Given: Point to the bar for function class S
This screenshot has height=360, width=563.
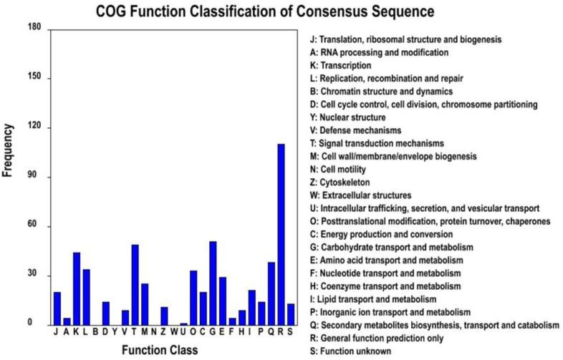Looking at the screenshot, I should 291,314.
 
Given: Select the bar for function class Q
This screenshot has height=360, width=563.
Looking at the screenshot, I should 271,293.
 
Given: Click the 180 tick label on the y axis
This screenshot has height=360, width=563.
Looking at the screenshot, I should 34,28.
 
